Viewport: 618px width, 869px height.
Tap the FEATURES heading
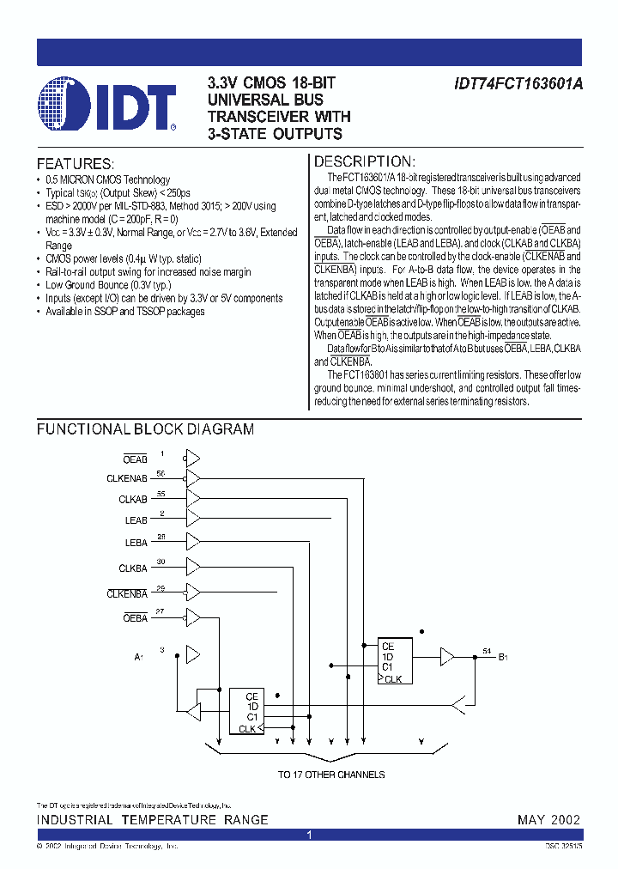click(75, 163)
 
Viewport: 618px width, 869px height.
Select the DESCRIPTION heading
click(365, 161)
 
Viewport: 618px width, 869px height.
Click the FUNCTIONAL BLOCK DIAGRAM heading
click(145, 429)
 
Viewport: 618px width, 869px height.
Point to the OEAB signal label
click(135, 459)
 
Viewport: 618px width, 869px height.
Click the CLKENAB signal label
click(127, 478)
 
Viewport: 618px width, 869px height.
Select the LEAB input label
click(136, 520)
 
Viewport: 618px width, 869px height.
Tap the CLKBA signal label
click(133, 568)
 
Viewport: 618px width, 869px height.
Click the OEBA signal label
click(136, 617)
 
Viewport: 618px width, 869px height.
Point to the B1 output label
click(504, 658)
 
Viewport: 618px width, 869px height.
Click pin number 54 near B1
click(487, 650)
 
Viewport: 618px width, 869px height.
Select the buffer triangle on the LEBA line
click(193, 541)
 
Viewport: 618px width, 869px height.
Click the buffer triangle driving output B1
click(447, 657)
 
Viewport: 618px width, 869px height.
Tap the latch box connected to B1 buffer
click(395, 661)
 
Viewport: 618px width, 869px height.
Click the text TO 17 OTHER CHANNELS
click(330, 775)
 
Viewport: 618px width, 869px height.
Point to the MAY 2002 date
click(548, 820)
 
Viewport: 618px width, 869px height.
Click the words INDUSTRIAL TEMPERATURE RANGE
click(152, 820)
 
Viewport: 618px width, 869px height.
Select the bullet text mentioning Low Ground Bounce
click(108, 285)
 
